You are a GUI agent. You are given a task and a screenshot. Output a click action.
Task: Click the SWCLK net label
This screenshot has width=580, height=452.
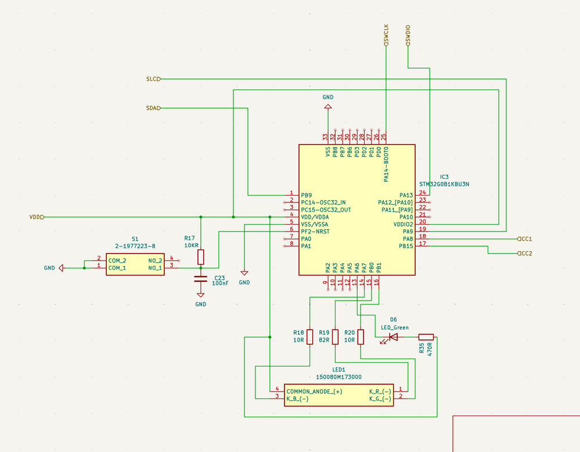(x=386, y=35)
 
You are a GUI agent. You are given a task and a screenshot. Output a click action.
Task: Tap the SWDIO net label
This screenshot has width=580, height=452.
(x=408, y=35)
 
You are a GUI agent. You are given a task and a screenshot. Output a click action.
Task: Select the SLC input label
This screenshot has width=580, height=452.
(x=153, y=79)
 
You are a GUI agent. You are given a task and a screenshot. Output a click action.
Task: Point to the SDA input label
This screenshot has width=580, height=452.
(x=153, y=109)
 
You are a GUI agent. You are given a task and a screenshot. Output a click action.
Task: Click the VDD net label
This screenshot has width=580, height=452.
(x=37, y=218)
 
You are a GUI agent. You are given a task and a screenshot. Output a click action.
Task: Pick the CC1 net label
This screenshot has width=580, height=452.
(x=524, y=239)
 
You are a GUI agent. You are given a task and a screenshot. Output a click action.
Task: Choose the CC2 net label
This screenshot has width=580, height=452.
(x=524, y=254)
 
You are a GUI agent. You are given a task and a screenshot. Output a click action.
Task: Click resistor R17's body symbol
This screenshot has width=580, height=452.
(x=201, y=257)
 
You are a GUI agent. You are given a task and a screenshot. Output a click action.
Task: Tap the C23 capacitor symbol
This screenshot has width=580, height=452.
(x=200, y=279)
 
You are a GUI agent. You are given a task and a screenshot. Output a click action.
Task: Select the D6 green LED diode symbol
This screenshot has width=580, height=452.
(x=393, y=337)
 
